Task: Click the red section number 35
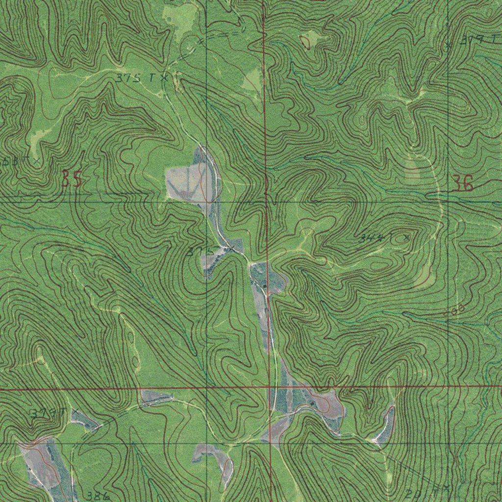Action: pyautogui.click(x=72, y=179)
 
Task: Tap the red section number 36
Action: pyautogui.click(x=463, y=184)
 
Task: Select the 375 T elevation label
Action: pyautogui.click(x=135, y=77)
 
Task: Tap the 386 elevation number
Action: pyautogui.click(x=100, y=496)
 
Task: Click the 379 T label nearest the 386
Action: pyautogui.click(x=47, y=413)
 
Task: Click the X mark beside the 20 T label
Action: pyautogui.click(x=447, y=487)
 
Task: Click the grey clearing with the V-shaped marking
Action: pyautogui.click(x=189, y=184)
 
